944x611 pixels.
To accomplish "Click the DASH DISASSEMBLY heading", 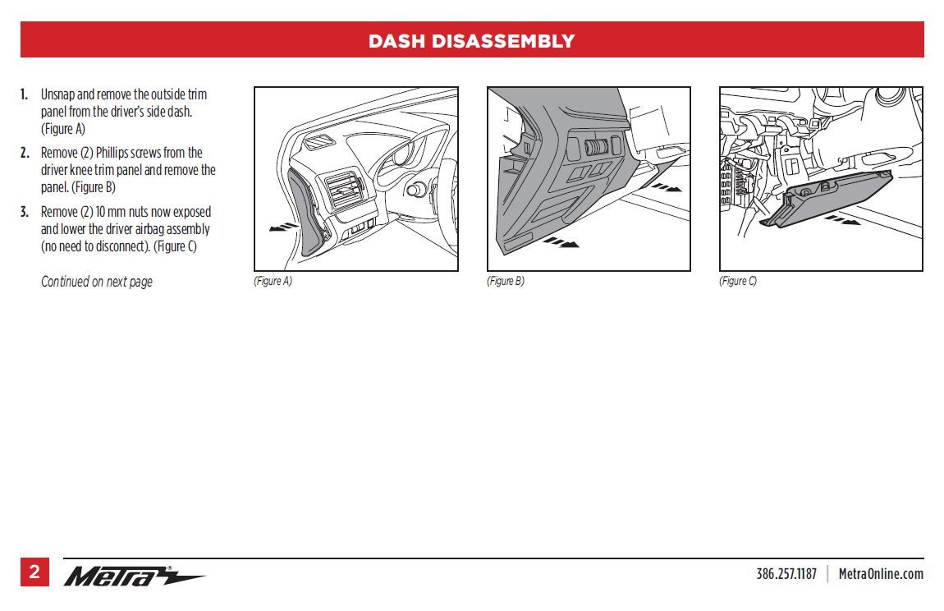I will point(471,41).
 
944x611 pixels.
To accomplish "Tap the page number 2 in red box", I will point(34,572).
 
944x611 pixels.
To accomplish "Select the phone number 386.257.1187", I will point(786,574).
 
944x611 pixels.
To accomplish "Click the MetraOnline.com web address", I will point(880,574).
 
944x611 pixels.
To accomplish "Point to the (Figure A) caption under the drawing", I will point(273,281).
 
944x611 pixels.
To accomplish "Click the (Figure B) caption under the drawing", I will point(505,281).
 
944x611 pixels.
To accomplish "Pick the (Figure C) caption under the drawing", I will point(738,281).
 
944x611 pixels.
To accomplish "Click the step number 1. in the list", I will point(25,94).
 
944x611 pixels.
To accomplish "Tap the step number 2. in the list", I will point(25,153).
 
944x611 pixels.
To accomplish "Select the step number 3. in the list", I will point(25,212).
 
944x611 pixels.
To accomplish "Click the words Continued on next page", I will point(97,282).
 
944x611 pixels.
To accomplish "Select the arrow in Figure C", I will point(841,220).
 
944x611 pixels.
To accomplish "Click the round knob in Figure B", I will point(598,148).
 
